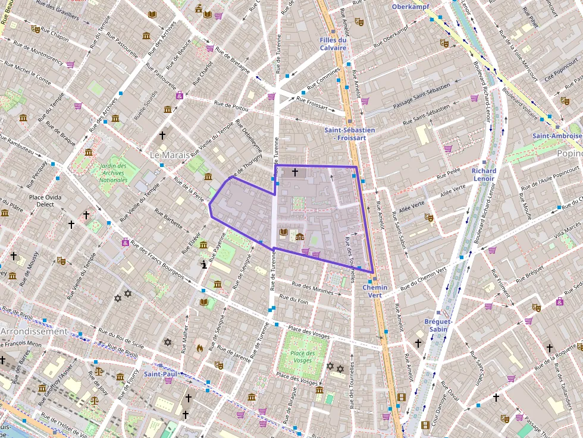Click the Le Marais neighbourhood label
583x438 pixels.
coord(170,155)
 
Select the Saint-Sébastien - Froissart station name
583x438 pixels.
coord(350,134)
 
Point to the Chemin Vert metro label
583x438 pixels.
coord(375,291)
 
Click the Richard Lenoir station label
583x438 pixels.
coord(484,175)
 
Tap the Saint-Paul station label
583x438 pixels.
coord(160,374)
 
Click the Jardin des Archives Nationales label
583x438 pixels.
coord(113,173)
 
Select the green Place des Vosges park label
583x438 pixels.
coord(302,357)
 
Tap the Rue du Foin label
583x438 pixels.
coord(294,300)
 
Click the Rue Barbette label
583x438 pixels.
coord(173,220)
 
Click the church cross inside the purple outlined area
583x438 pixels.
coord(294,172)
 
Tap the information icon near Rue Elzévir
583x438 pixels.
coord(204,265)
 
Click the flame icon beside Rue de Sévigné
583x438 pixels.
coord(199,348)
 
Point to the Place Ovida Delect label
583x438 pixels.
coord(45,200)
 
